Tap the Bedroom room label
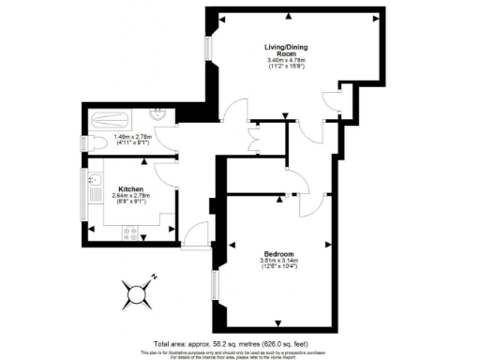coord(279,255)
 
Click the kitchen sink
coord(94,179)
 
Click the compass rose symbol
coord(139,292)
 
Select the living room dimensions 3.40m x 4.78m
coord(279,66)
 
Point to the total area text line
coord(240,344)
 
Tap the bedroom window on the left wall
coord(214,286)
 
